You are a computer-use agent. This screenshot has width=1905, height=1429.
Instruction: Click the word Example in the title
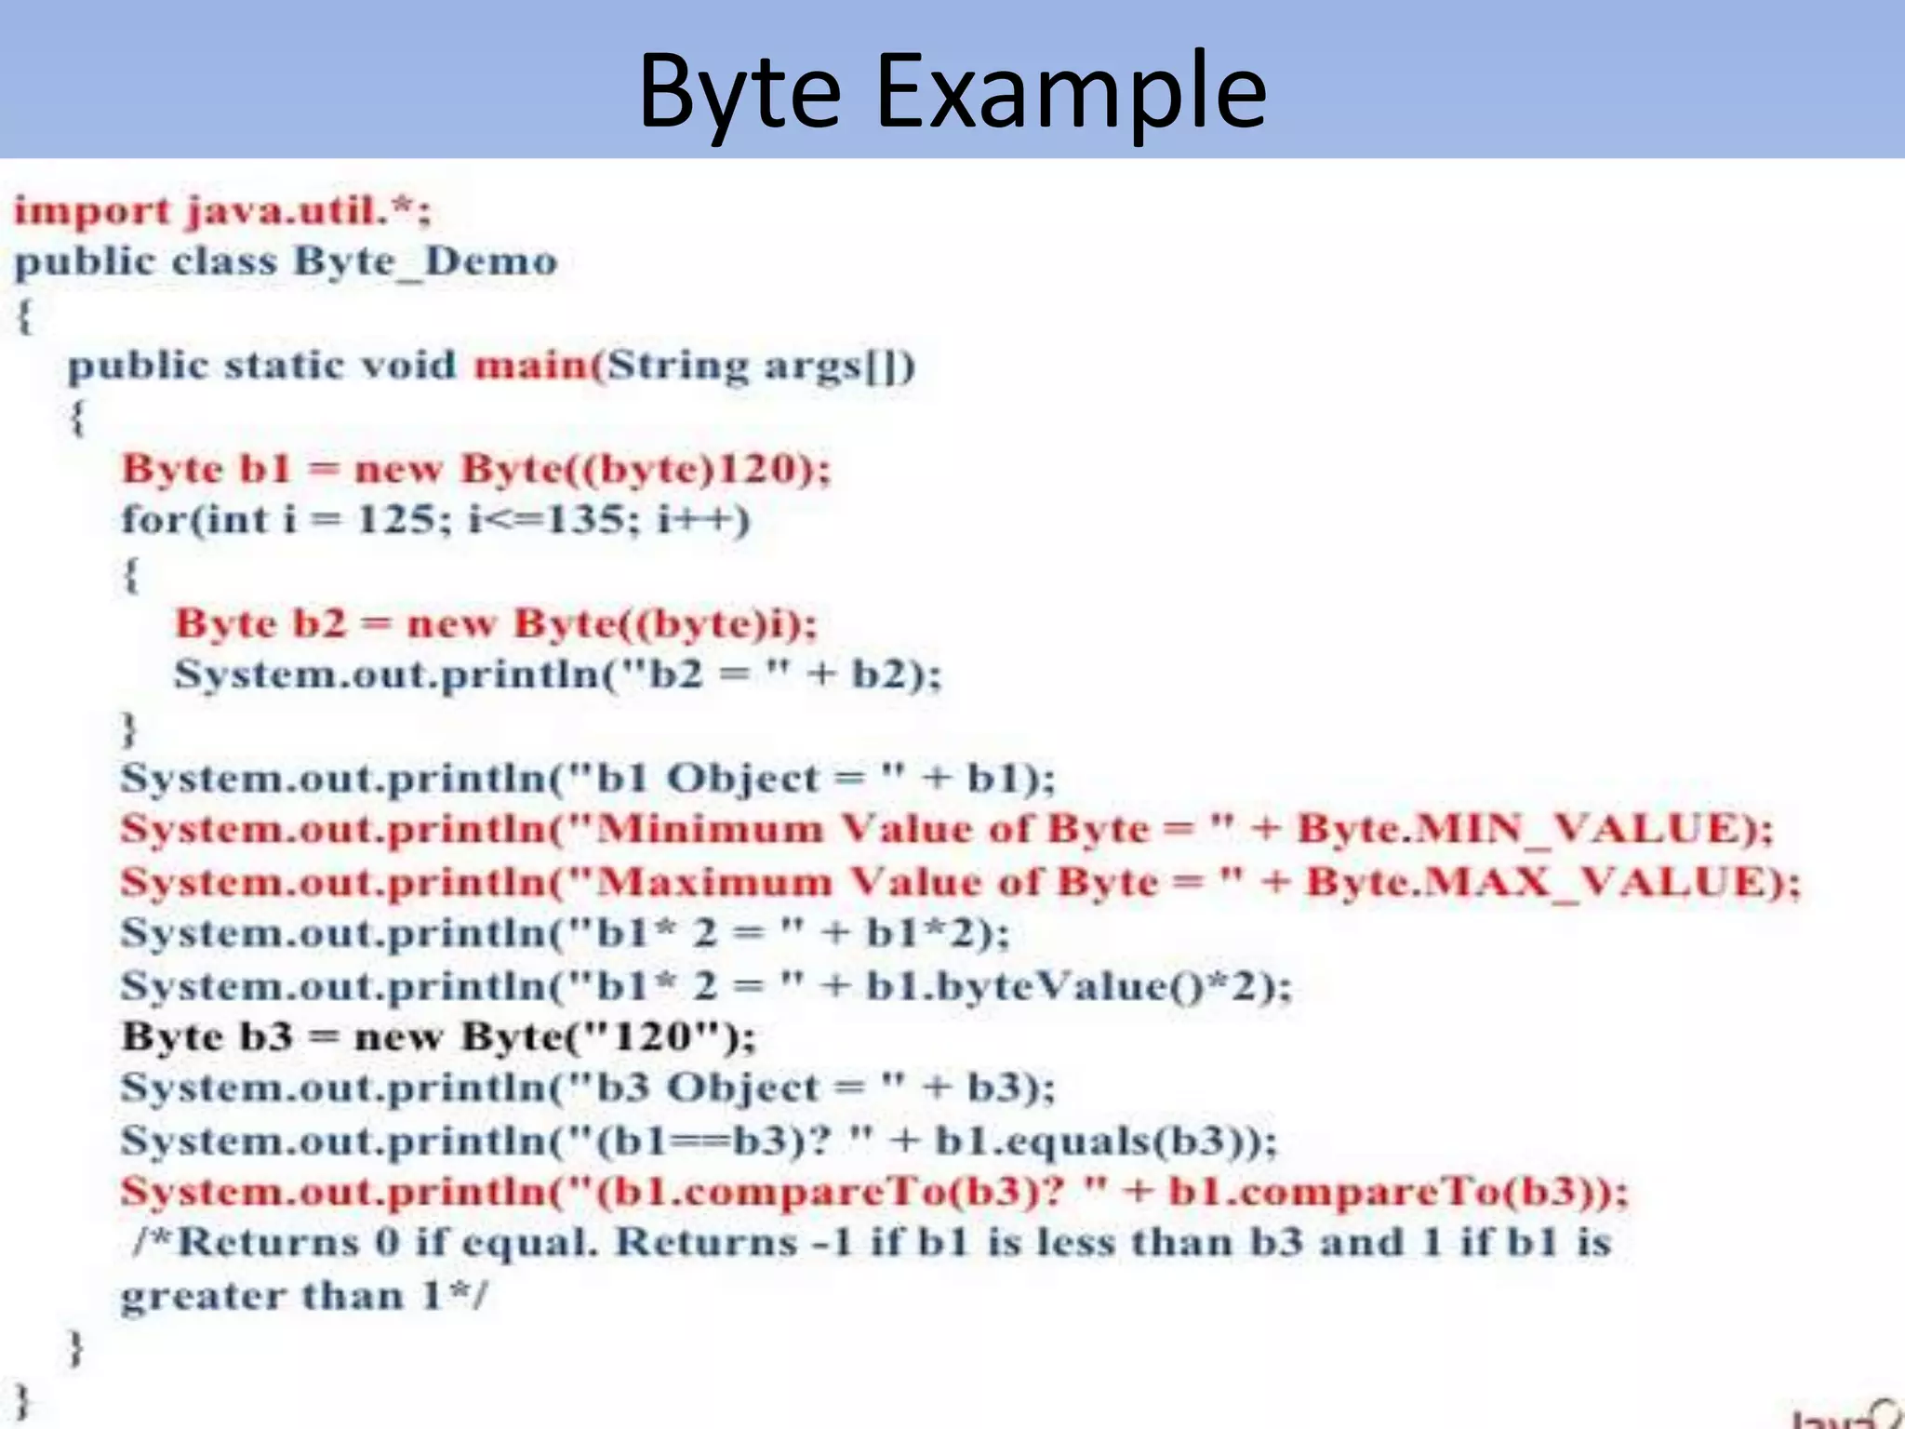click(x=1070, y=91)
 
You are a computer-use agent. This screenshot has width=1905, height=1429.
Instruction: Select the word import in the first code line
click(x=92, y=211)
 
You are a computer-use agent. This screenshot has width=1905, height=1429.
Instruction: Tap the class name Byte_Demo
click(x=425, y=262)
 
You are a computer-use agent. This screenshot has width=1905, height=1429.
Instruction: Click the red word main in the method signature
click(x=530, y=365)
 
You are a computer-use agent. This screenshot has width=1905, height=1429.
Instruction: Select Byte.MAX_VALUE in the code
click(x=1539, y=881)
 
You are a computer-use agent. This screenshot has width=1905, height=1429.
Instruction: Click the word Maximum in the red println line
click(x=714, y=881)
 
